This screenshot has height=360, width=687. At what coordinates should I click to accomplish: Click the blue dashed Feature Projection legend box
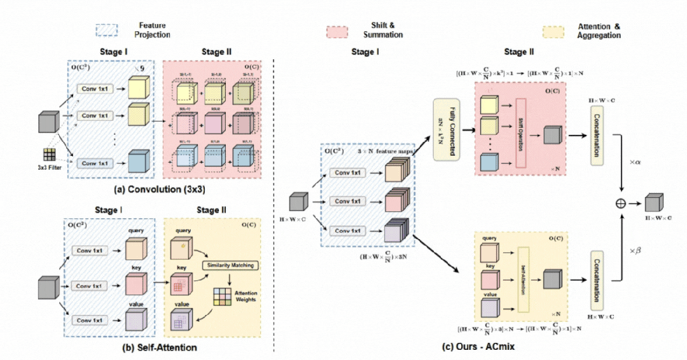tap(106, 31)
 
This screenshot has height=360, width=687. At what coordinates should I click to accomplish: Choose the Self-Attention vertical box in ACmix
tap(523, 279)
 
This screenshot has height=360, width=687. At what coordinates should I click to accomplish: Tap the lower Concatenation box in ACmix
tap(597, 279)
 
